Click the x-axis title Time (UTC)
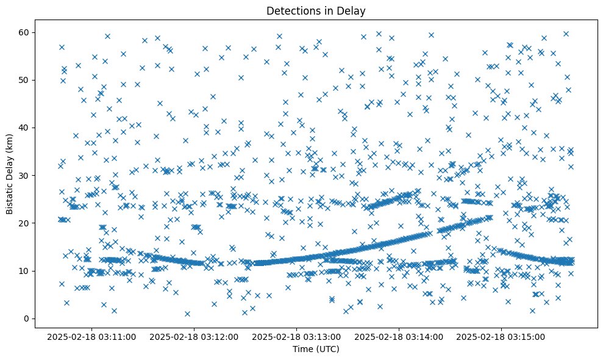point(316,349)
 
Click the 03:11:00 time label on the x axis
point(91,336)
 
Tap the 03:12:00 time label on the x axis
point(194,336)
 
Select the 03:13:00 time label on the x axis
point(296,336)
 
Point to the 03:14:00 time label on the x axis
point(399,336)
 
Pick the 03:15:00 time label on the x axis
point(501,336)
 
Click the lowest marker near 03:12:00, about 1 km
point(187,314)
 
